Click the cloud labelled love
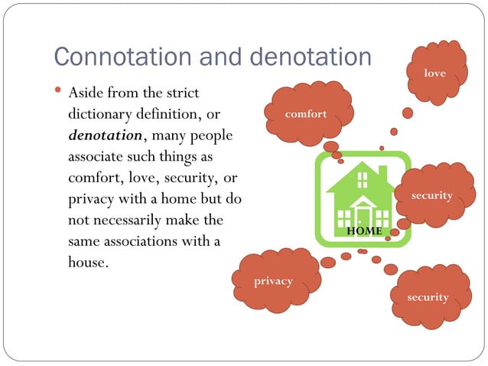click(x=435, y=73)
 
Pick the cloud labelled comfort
click(x=306, y=114)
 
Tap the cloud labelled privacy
click(x=273, y=281)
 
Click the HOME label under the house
click(x=364, y=230)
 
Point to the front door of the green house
click(x=359, y=214)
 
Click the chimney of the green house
click(x=382, y=172)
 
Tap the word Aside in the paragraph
click(x=88, y=94)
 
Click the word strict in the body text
click(x=182, y=94)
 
